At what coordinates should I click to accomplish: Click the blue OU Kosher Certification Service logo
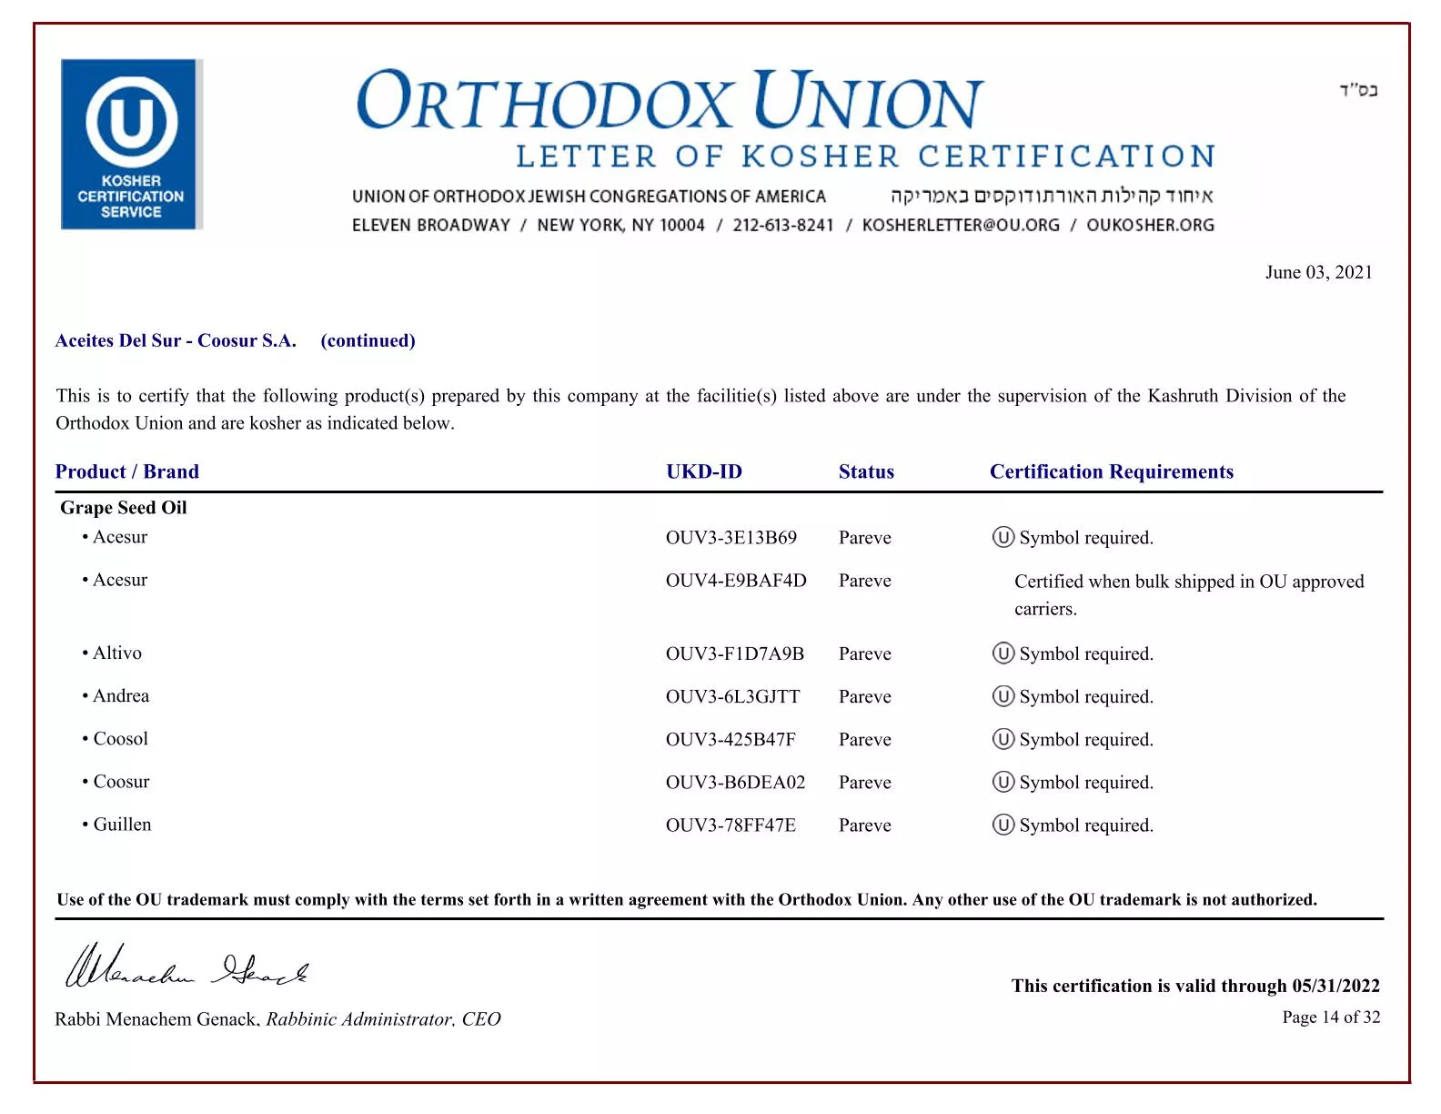pos(131,144)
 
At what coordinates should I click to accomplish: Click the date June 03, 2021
pos(1318,272)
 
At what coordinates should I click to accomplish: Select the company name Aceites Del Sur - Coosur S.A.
pos(176,340)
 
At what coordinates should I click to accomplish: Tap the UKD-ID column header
pos(703,471)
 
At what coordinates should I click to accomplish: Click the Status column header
pos(866,471)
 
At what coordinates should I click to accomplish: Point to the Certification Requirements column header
pos(1111,471)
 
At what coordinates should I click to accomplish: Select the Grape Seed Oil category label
pos(124,508)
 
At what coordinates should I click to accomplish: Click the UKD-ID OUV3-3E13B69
pos(731,538)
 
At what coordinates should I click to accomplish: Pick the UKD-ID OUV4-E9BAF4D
pos(735,581)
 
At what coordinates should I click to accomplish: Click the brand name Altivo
pos(117,653)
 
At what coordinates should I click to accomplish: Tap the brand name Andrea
pos(121,695)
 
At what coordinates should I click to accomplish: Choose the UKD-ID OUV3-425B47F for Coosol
pos(731,739)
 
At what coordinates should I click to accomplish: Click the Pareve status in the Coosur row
pos(864,783)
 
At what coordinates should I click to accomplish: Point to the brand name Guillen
pos(122,825)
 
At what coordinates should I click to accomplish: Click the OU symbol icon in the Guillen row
pos(1003,825)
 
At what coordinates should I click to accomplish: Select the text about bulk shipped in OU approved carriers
pos(1188,594)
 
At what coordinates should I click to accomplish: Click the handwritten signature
pos(186,967)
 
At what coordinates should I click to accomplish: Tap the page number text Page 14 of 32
pos(1330,1018)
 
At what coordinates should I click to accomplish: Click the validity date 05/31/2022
pos(1335,986)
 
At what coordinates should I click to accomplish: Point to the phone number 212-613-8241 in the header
pos(782,225)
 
